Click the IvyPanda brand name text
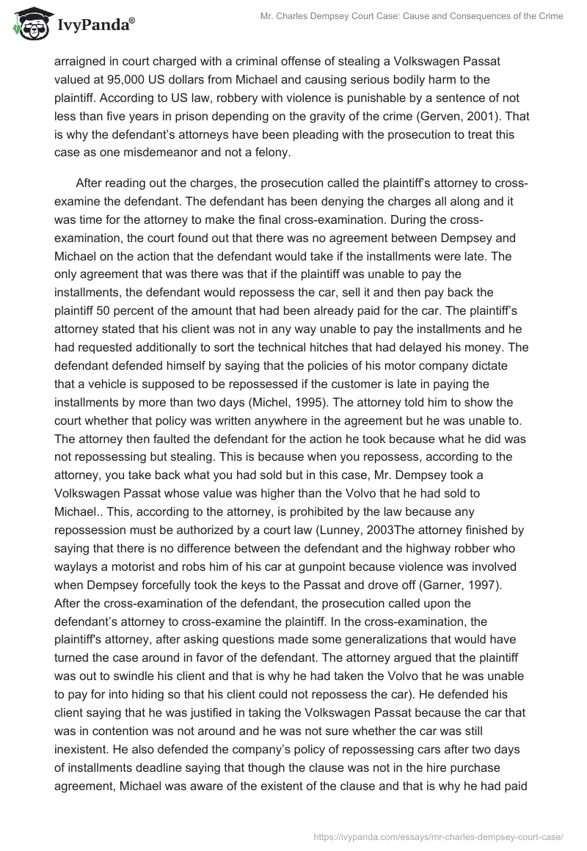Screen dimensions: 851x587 (x=95, y=26)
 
